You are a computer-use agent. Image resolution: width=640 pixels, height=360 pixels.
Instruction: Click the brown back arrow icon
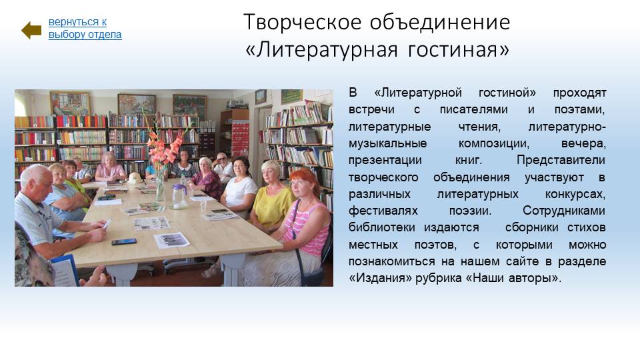point(31,30)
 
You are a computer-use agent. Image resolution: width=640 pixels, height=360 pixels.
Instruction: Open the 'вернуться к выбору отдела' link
point(85,28)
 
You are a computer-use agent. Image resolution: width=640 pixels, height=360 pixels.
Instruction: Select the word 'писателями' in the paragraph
point(473,109)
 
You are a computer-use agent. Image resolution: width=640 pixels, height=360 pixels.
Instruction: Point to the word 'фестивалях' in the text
point(383,211)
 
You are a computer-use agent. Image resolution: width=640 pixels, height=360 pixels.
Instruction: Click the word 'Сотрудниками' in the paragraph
point(564,211)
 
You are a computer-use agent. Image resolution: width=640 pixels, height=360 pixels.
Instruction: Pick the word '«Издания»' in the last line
point(381,278)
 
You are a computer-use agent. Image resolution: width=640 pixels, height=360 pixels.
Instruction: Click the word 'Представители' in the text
point(561,160)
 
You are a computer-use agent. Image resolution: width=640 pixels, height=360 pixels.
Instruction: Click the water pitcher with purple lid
point(179,196)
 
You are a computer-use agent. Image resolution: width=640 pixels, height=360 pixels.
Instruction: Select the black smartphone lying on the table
point(124,241)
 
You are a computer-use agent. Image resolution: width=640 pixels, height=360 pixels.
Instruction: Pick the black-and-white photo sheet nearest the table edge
point(171,240)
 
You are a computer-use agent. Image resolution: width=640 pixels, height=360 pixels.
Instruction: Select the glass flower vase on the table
point(160,186)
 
